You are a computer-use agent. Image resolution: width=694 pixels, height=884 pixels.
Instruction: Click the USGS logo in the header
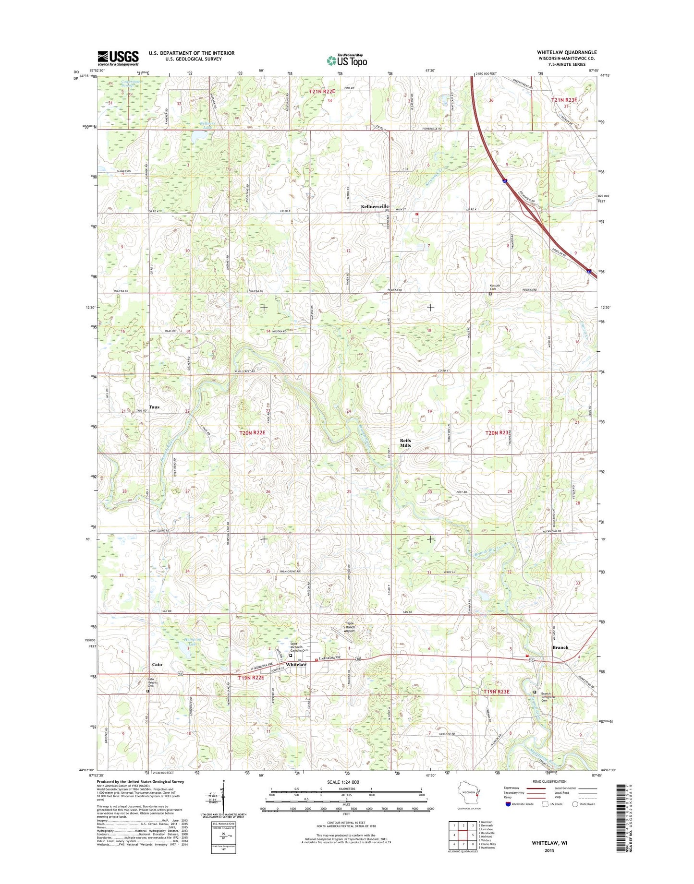pos(118,58)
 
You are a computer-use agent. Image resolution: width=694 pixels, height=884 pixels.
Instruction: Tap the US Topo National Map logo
pos(347,60)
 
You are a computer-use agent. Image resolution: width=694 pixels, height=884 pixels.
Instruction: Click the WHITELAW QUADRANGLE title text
pos(567,52)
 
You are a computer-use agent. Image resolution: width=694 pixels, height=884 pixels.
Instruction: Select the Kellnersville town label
pos(375,206)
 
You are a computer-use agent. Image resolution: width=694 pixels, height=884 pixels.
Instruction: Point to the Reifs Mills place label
pos(406,442)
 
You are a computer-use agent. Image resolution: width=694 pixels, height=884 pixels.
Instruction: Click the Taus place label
pos(154,407)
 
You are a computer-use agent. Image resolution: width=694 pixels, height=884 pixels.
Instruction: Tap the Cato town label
pos(157,665)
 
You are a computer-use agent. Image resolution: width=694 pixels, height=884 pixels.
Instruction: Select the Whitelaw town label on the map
pos(296,664)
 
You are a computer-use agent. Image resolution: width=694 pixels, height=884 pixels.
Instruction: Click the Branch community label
pos(560,647)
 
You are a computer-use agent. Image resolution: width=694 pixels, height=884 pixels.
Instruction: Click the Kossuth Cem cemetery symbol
pos(490,294)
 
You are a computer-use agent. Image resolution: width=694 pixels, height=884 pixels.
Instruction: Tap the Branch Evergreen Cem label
pos(546,697)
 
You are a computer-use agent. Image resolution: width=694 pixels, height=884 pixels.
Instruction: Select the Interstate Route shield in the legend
pos(508,804)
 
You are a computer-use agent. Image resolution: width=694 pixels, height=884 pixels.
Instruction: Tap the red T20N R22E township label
pos(253,433)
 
